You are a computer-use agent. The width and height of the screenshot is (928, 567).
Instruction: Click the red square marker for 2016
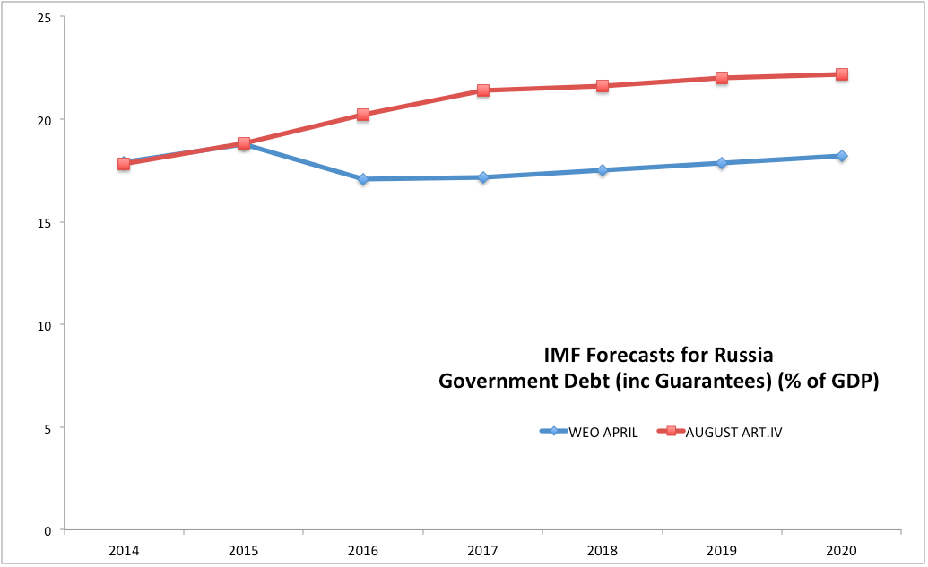[363, 115]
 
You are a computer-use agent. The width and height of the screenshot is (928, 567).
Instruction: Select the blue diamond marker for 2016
[363, 179]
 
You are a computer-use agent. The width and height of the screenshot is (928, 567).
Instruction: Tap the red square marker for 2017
[483, 90]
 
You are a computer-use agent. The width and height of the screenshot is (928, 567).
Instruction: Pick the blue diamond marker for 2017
[483, 177]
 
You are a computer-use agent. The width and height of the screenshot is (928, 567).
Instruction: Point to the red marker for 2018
[603, 86]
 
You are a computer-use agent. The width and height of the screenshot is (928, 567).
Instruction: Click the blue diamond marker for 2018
[603, 170]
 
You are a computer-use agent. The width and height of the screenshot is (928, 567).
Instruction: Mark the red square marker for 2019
[722, 78]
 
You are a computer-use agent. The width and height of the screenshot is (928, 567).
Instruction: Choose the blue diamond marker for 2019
[722, 163]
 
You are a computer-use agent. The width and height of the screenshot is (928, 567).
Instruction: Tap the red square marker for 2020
[842, 74]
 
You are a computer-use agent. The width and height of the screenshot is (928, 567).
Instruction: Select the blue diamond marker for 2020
[842, 156]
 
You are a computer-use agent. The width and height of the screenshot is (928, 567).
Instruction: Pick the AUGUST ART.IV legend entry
[727, 432]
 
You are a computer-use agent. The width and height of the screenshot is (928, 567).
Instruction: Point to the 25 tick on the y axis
[45, 17]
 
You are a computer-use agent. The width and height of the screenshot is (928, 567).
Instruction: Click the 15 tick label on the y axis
[45, 222]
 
